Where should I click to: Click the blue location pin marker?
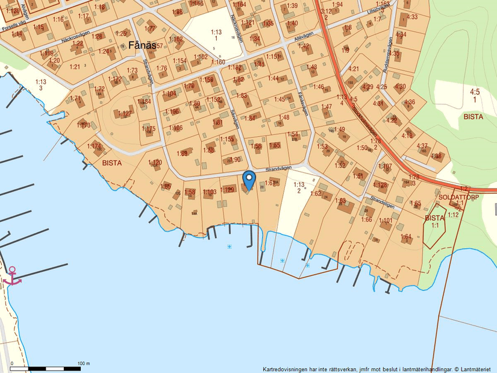[x=249, y=180]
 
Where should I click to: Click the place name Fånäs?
[x=143, y=45]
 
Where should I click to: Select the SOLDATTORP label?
[x=458, y=197]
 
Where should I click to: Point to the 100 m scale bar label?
[x=84, y=363]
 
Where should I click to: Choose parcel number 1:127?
[x=124, y=113]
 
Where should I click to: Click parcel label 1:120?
[x=155, y=163]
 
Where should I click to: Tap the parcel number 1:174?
[x=94, y=146]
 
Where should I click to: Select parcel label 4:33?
[x=412, y=17]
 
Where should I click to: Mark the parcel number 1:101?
[x=386, y=221]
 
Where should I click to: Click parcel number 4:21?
[x=354, y=69]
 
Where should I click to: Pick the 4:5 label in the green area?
[x=475, y=92]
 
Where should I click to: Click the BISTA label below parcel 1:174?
[x=112, y=163]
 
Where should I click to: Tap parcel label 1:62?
[x=316, y=193]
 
